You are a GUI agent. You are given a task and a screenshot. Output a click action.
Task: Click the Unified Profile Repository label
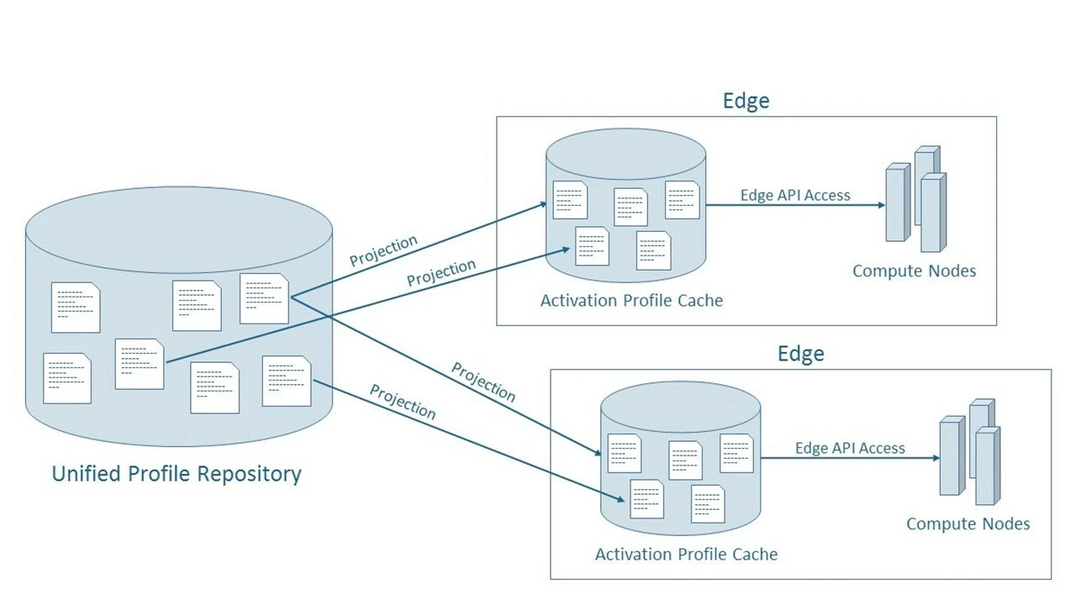click(177, 474)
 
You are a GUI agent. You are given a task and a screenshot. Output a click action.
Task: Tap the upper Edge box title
click(746, 101)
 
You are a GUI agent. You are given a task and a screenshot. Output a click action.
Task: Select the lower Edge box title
click(800, 354)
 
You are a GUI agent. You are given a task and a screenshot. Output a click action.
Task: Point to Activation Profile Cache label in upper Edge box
click(631, 300)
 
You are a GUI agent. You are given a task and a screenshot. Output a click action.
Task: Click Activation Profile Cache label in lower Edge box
click(686, 555)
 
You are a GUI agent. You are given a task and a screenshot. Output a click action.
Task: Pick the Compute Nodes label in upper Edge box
click(914, 271)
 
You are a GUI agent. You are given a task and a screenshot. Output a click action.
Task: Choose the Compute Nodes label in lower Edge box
click(968, 524)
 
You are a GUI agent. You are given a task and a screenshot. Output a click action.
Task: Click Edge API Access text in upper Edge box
click(795, 196)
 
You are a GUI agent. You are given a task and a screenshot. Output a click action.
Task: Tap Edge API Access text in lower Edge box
click(850, 449)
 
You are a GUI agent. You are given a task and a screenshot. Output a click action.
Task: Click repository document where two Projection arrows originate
click(265, 298)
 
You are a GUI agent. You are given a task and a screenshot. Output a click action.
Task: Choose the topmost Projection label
click(383, 250)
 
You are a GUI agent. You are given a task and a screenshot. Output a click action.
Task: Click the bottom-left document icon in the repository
click(67, 378)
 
